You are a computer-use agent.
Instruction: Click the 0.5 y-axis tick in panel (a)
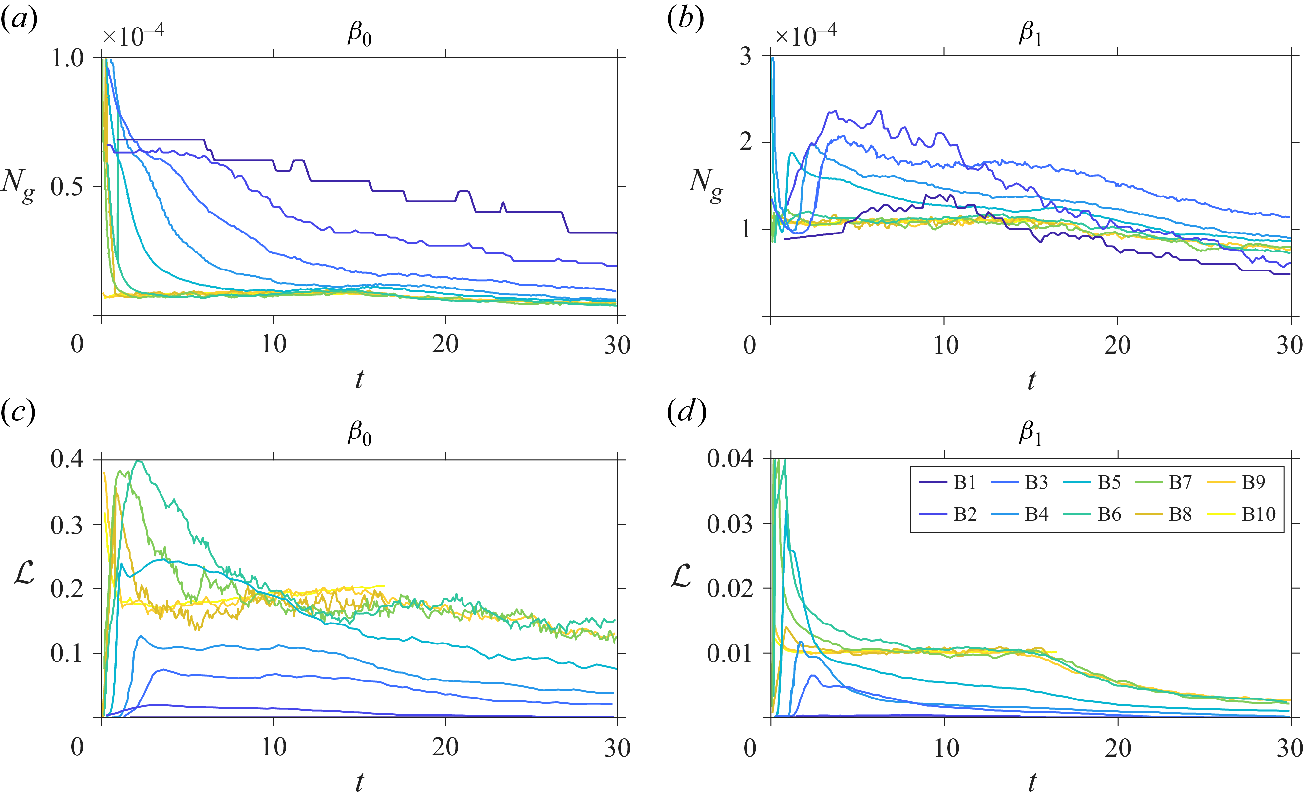[x=67, y=186]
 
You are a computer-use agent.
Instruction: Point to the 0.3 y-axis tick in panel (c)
[x=67, y=525]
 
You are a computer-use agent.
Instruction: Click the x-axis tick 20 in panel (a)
[x=445, y=345]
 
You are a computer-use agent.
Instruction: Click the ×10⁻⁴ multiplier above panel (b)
[x=806, y=35]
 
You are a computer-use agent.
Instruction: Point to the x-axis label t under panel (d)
[x=1032, y=781]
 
